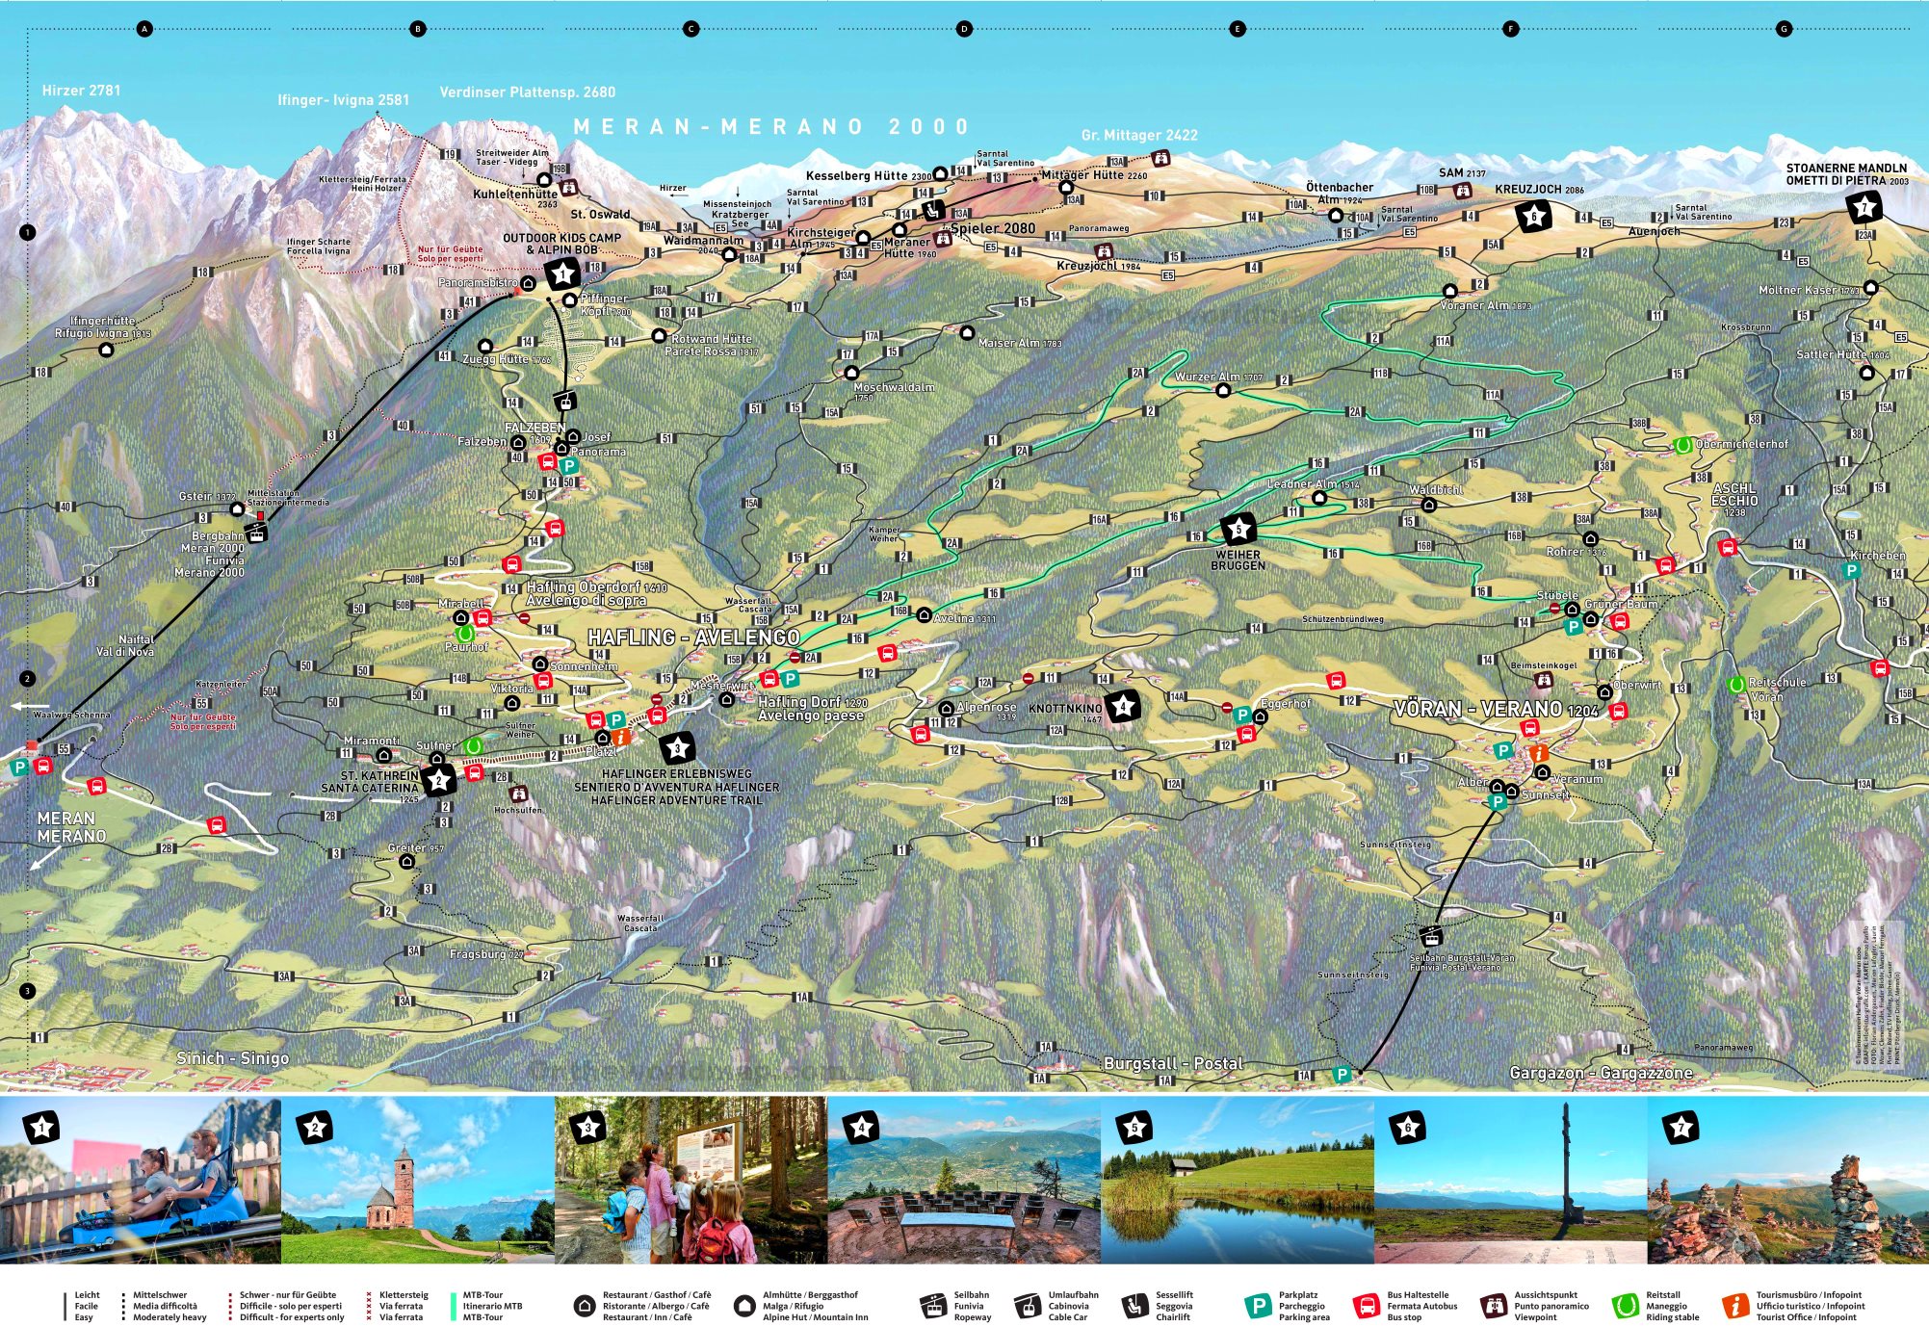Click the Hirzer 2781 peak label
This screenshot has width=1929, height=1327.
81,91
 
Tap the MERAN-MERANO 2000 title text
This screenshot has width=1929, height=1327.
771,126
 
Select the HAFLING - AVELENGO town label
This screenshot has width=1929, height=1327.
693,637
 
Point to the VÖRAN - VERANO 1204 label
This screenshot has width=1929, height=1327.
1496,710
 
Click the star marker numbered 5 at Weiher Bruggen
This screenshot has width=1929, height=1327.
1238,529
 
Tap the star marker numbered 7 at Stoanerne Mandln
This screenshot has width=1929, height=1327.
1864,207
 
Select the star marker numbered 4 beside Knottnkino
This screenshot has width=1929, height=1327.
1122,707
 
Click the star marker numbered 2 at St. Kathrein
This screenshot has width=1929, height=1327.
439,780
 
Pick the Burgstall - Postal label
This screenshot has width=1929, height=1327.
1173,1063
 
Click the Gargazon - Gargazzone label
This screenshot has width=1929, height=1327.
1601,1072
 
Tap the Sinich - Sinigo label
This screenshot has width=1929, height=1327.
232,1057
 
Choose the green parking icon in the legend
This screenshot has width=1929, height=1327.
1258,1306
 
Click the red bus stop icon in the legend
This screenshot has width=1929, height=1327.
1366,1306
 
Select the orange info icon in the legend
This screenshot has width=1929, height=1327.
1734,1306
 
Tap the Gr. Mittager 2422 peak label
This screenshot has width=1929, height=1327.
1139,135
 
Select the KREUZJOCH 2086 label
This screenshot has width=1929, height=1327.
1539,190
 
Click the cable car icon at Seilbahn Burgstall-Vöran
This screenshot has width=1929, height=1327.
1431,934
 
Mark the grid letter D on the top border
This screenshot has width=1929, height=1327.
964,29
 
